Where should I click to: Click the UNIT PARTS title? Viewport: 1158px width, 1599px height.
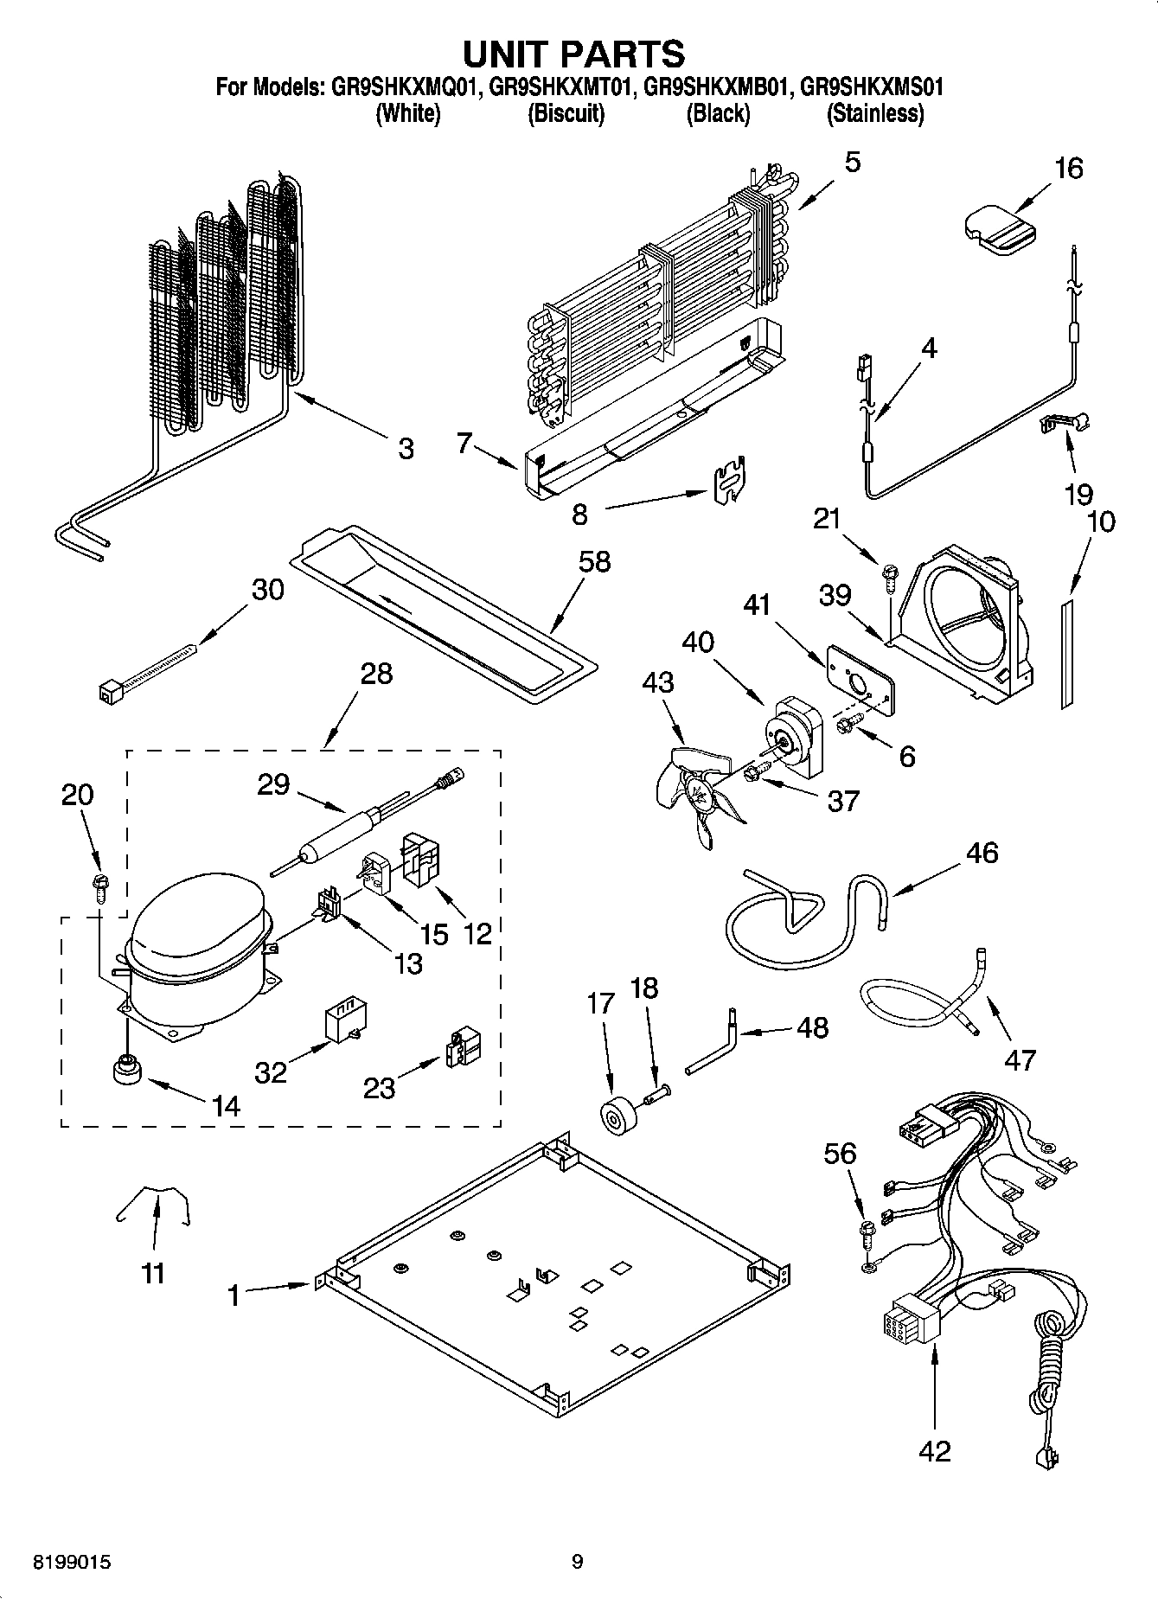574,54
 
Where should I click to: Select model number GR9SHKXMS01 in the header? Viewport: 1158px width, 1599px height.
871,87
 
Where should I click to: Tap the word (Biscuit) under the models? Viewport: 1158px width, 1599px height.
566,113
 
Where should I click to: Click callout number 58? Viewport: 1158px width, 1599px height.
594,561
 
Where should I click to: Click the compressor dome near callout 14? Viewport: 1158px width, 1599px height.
195,938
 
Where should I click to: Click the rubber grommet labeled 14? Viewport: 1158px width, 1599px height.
125,1070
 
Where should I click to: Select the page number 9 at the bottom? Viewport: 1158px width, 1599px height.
577,1561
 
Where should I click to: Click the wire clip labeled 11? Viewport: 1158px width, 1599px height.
154,1204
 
